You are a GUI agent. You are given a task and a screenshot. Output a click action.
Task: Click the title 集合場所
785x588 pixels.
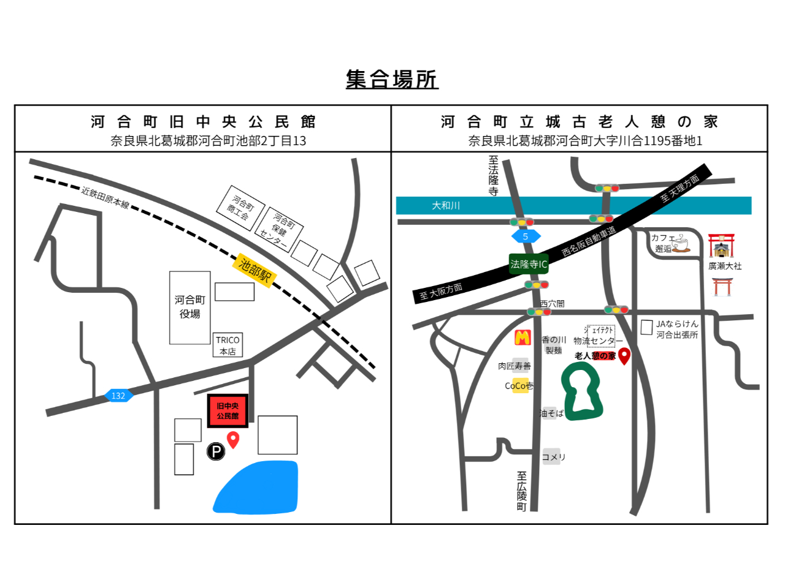(x=392, y=80)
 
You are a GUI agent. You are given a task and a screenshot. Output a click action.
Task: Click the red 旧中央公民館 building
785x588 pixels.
(x=228, y=411)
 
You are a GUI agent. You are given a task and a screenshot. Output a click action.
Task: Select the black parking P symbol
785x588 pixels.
(x=215, y=451)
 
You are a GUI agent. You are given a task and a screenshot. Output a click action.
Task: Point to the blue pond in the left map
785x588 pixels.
(x=258, y=487)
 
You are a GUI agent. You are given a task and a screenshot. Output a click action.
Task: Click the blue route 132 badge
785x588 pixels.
(x=118, y=396)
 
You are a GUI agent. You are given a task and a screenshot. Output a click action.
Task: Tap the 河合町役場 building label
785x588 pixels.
(x=190, y=307)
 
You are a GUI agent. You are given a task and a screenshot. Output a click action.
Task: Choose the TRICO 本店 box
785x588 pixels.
(x=228, y=345)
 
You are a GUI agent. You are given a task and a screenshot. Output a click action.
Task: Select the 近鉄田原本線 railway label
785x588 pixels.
(x=105, y=197)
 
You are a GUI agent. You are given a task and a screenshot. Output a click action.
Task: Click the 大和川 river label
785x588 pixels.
(x=446, y=206)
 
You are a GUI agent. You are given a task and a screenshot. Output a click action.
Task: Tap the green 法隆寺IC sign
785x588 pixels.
(x=528, y=264)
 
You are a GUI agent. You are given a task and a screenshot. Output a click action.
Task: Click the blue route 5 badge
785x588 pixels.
(x=526, y=236)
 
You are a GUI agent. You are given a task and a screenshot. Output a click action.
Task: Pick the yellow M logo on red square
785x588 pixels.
(x=523, y=337)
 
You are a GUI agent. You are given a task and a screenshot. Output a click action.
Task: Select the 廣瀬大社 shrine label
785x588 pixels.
(x=725, y=266)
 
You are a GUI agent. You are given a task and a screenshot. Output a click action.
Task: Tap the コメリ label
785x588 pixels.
(x=553, y=457)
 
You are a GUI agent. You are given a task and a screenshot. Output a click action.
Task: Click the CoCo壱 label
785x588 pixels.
(x=519, y=386)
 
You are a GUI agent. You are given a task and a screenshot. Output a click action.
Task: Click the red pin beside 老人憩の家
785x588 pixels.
(x=624, y=356)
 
